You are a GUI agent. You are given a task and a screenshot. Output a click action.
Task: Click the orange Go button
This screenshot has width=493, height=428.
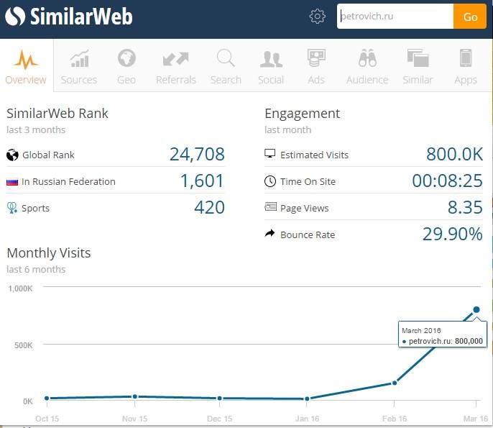(x=470, y=17)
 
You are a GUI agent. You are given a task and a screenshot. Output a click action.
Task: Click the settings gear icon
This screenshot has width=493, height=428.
(x=317, y=16)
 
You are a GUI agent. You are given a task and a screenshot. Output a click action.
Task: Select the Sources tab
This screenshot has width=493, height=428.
(x=79, y=67)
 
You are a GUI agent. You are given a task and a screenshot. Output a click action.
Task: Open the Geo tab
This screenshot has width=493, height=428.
(x=126, y=67)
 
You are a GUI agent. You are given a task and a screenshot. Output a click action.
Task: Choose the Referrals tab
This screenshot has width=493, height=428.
(x=176, y=67)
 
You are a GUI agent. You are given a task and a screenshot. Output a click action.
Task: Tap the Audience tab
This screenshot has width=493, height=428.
(x=367, y=67)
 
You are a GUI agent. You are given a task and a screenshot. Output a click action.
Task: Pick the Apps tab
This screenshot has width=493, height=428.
(x=466, y=67)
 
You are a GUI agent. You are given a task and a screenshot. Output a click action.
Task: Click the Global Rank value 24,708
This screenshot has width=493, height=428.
(x=197, y=154)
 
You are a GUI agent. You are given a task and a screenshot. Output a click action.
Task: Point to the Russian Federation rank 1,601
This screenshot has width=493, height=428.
(x=202, y=181)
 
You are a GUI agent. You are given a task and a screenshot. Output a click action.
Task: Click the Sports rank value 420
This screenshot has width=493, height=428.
(x=209, y=207)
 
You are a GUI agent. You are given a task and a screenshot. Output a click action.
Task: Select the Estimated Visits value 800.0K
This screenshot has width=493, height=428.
(x=454, y=154)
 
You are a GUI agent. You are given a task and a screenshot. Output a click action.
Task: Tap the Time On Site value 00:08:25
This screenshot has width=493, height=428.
(x=448, y=181)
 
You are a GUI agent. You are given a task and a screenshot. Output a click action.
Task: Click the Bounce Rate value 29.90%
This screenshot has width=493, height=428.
(x=453, y=235)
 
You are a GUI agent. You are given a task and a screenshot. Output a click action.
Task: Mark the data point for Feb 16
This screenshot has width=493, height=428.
(x=395, y=383)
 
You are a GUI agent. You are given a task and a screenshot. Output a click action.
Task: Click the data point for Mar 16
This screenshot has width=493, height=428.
(x=476, y=309)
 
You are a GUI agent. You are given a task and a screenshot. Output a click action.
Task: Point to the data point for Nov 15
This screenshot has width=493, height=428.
(x=135, y=396)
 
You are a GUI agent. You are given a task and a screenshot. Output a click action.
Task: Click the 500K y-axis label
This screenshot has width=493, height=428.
(x=23, y=345)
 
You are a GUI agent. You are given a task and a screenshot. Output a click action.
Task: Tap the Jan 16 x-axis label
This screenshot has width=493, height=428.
(x=307, y=419)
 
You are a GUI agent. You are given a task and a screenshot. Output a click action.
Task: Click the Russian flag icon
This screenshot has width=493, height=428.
(x=12, y=182)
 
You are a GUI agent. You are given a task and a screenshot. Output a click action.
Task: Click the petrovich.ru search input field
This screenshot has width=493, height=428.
(x=395, y=17)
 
